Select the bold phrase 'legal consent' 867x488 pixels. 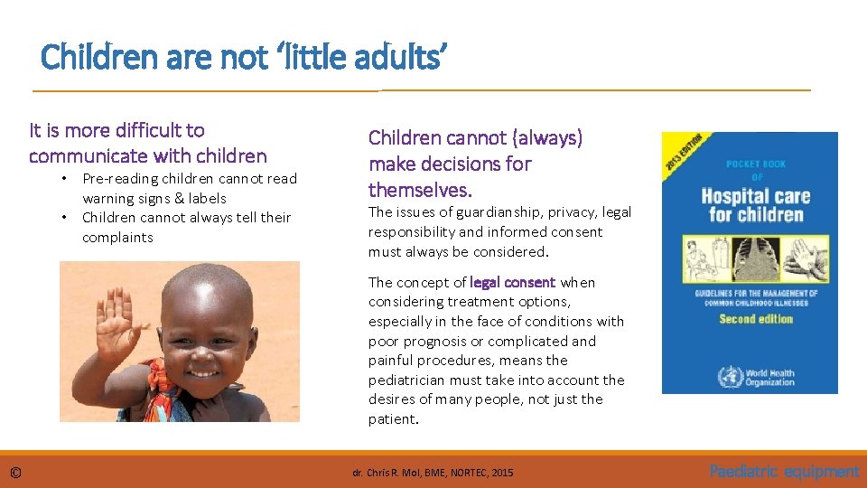click(x=512, y=282)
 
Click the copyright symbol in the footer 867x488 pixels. click(x=16, y=472)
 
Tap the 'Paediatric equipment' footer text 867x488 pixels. click(x=784, y=471)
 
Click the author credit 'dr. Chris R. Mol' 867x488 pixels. click(x=388, y=472)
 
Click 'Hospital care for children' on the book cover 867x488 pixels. click(x=756, y=205)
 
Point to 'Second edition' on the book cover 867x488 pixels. click(x=756, y=319)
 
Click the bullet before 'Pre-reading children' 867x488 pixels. click(x=64, y=179)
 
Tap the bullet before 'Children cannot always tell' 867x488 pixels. click(x=64, y=218)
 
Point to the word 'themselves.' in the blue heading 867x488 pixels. click(x=420, y=190)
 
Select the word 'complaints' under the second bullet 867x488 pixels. click(x=117, y=238)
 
